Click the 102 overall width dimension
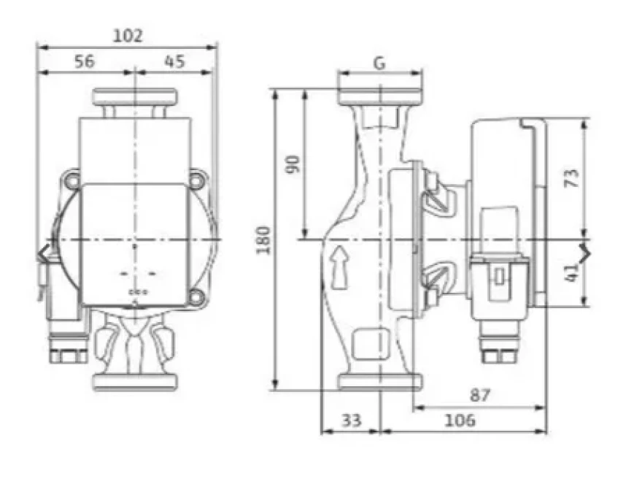[128, 34]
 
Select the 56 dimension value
[85, 61]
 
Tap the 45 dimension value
[174, 61]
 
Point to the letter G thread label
[379, 63]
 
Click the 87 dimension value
[479, 395]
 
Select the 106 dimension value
[460, 420]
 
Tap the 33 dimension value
[352, 420]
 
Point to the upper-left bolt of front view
[71, 178]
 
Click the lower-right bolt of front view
[197, 296]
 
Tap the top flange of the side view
[380, 96]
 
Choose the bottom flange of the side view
[380, 382]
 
